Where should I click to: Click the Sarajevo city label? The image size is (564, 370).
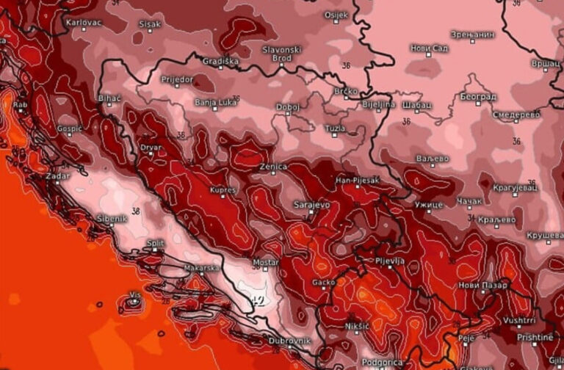pyautogui.click(x=311, y=205)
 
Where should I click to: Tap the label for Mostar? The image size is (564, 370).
pyautogui.click(x=265, y=262)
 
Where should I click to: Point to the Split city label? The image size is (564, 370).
pyautogui.click(x=155, y=242)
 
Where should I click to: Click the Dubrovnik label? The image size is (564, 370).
pyautogui.click(x=290, y=341)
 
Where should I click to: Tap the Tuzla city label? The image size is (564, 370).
pyautogui.click(x=335, y=128)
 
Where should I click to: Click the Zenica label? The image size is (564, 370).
pyautogui.click(x=272, y=167)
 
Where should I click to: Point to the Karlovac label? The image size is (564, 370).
pyautogui.click(x=83, y=23)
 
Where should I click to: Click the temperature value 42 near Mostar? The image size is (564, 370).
pyautogui.click(x=257, y=300)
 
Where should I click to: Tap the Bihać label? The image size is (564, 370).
pyautogui.click(x=109, y=98)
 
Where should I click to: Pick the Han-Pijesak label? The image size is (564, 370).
pyautogui.click(x=355, y=178)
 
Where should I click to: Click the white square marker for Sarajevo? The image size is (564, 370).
pyautogui.click(x=311, y=213)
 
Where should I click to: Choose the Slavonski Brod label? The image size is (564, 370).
pyautogui.click(x=281, y=53)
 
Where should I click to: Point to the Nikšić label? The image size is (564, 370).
pyautogui.click(x=358, y=326)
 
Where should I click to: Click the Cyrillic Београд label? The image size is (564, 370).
pyautogui.click(x=478, y=97)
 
